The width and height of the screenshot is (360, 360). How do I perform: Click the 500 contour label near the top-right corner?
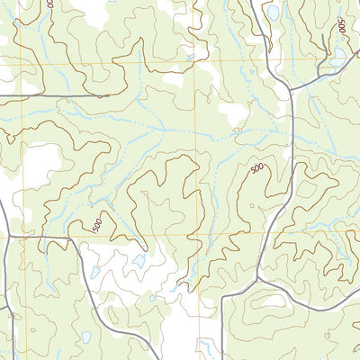pos(342,26)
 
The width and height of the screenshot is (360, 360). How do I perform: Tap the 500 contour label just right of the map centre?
pos(257,169)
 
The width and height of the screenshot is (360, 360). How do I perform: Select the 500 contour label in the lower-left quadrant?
pos(96,226)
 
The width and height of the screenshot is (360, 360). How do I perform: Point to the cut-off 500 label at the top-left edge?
pos(49,4)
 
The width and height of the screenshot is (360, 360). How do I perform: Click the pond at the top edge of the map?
pos(272,13)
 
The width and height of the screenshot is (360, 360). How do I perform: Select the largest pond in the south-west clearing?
pos(139,261)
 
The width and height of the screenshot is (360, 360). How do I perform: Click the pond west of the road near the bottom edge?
pos(85,337)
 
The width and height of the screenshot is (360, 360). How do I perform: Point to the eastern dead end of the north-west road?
pos(109,94)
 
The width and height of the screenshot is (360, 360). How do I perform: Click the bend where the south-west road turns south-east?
pos(68,238)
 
